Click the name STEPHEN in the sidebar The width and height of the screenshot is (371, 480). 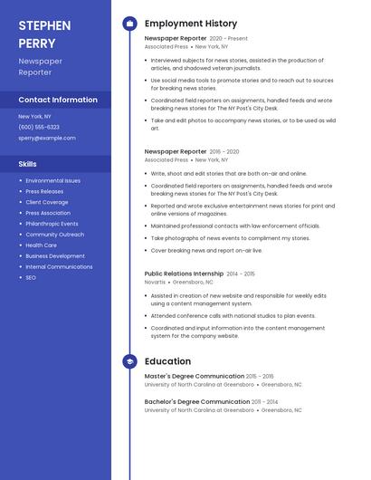(x=44, y=25)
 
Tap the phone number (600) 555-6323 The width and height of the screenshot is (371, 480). (x=39, y=127)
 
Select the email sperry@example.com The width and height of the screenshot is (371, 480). (x=47, y=139)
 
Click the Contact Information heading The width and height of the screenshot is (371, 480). (x=58, y=101)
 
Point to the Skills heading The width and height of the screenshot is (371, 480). (x=28, y=164)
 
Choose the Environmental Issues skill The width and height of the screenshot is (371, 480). (x=52, y=181)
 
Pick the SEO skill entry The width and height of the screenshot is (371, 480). (x=31, y=277)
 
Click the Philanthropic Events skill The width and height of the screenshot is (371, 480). (x=52, y=224)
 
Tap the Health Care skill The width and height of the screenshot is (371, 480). (x=42, y=245)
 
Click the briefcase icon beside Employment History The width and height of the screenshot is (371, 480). (x=129, y=24)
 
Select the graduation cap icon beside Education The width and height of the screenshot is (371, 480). (x=129, y=361)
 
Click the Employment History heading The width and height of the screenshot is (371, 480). (x=191, y=24)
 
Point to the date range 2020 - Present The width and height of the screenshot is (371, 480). (x=228, y=39)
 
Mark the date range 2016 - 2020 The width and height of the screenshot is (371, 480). (x=224, y=152)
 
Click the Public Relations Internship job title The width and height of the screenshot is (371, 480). (x=184, y=274)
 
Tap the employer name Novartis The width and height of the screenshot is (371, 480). (x=155, y=283)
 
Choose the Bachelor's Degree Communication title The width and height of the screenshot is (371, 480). (x=196, y=401)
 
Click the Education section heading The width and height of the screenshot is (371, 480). (x=167, y=361)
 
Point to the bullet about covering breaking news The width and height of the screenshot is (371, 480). (x=206, y=251)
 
